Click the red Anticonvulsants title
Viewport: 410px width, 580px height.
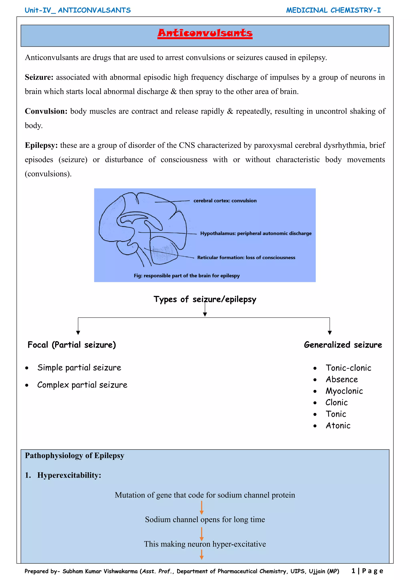click(205, 33)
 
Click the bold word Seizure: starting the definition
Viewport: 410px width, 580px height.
click(39, 77)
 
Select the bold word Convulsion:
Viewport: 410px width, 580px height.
click(46, 111)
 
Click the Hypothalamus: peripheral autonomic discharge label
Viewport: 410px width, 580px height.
click(255, 233)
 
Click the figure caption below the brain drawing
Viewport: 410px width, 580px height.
click(187, 276)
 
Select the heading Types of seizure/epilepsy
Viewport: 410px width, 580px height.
click(205, 299)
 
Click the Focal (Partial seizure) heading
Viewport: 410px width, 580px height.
click(72, 345)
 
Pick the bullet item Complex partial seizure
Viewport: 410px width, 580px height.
click(82, 385)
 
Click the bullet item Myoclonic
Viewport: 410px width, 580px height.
click(344, 391)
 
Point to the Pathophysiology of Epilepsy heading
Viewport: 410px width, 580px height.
click(74, 456)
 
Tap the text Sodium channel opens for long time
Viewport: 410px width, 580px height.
click(205, 520)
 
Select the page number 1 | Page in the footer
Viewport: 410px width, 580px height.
click(367, 571)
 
